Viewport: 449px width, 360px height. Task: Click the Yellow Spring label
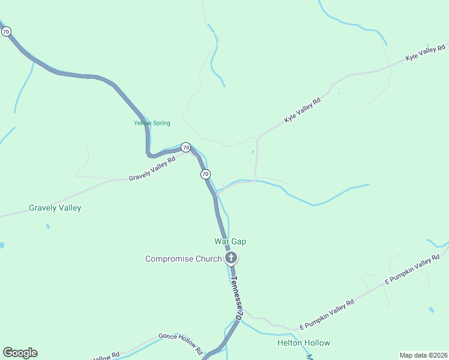pos(152,123)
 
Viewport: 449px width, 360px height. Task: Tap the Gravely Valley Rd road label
pos(152,170)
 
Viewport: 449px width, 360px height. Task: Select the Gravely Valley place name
pos(55,208)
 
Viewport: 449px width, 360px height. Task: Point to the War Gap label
pos(231,241)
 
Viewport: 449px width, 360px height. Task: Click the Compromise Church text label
pos(183,259)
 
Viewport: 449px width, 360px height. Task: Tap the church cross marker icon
pos(231,259)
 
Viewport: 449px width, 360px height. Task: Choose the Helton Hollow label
pos(303,343)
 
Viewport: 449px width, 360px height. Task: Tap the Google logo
pos(20,353)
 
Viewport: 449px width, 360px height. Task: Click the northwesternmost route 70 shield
pos(6,31)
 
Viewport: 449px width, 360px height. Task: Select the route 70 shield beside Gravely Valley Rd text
pos(185,147)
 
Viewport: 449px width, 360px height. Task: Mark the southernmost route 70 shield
pos(205,174)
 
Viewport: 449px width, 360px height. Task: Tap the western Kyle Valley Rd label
pos(303,111)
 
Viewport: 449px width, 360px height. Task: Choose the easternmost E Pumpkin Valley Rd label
pos(412,269)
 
